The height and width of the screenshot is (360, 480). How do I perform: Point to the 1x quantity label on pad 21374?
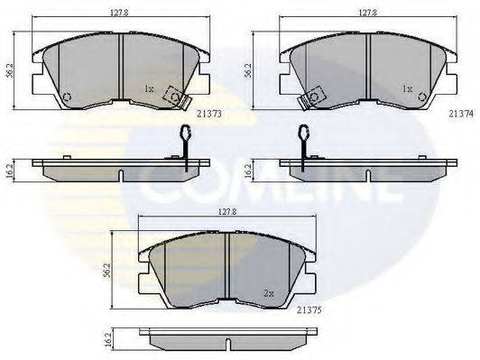pyautogui.click(x=407, y=89)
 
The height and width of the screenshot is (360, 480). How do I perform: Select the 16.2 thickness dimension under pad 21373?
pyautogui.click(x=10, y=168)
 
